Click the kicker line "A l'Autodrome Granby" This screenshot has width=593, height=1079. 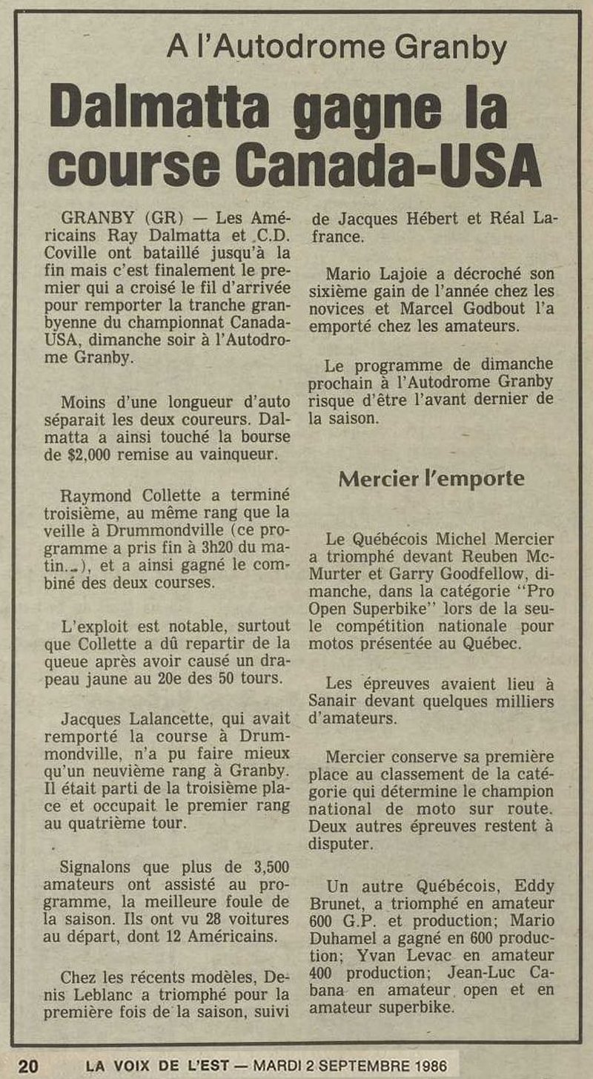[x=337, y=49]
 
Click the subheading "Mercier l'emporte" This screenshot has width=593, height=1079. [x=431, y=478]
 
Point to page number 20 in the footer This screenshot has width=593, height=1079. [x=28, y=1066]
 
